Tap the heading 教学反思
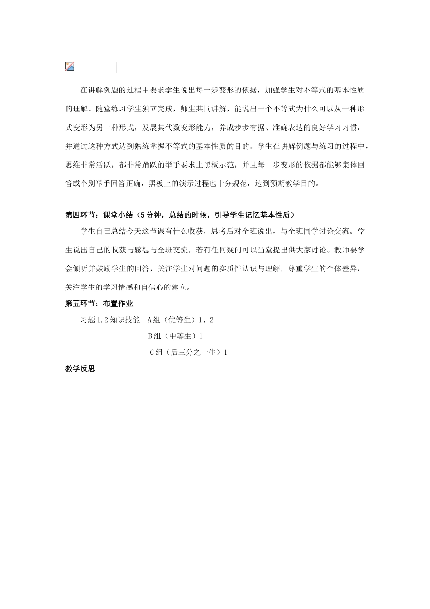[x=80, y=369]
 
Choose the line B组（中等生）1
[x=176, y=336]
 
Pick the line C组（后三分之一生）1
[x=188, y=353]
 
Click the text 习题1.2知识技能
[x=110, y=320]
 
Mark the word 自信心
[x=156, y=287]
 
